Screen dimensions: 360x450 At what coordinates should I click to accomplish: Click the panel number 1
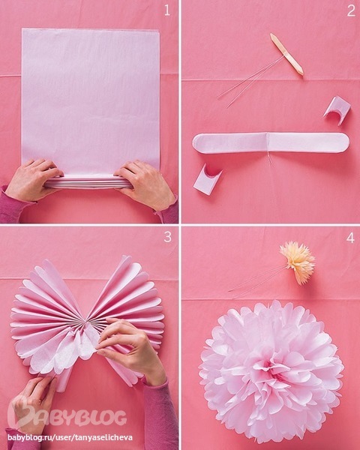tap(167, 10)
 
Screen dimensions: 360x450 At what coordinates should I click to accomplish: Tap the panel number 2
tap(351, 11)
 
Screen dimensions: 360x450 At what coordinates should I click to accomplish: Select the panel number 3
tap(168, 237)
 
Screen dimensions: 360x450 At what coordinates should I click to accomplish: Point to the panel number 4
tap(350, 238)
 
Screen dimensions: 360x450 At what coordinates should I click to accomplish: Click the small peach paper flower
tap(298, 262)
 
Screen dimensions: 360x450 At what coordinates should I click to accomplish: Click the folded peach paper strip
tap(286, 54)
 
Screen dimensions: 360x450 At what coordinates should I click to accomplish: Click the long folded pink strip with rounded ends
tap(271, 143)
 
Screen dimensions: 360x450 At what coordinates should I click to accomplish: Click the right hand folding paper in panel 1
tap(145, 184)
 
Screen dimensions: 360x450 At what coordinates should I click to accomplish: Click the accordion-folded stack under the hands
tap(88, 182)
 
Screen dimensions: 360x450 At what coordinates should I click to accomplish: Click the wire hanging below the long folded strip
tap(270, 160)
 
